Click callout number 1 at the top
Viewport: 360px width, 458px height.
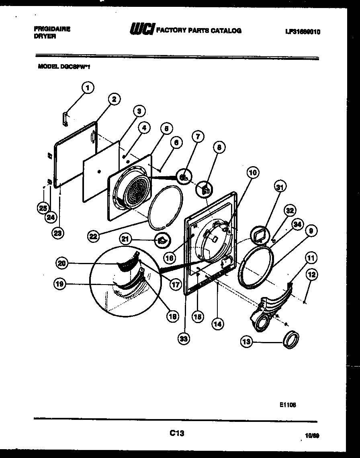click(x=88, y=88)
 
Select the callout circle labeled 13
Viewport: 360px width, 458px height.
click(x=247, y=342)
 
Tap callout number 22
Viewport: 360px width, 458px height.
click(x=94, y=237)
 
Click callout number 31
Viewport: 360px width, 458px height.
click(x=280, y=187)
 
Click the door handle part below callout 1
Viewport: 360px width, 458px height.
click(x=65, y=119)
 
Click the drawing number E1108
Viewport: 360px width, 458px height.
click(x=288, y=405)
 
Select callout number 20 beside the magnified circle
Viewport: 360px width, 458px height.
click(x=62, y=263)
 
